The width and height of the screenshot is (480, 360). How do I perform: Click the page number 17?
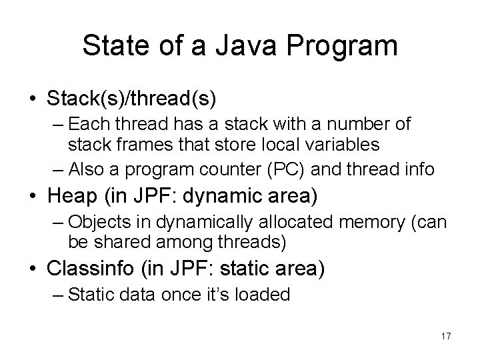[x=445, y=336]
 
